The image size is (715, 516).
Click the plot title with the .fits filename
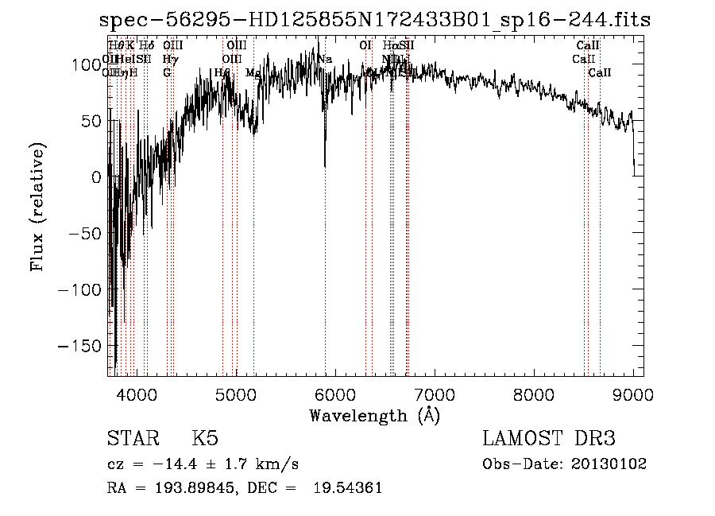coord(375,21)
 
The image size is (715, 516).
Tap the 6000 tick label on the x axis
coord(335,393)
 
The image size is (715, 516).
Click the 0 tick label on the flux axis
coord(97,177)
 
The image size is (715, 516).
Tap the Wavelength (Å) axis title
coord(374,415)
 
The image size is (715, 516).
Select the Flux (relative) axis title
coord(37,206)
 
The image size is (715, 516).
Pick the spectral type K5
coord(205,439)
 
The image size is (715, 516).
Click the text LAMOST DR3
coord(549,439)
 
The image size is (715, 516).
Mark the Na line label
coord(324,59)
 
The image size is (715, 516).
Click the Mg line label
coord(253,72)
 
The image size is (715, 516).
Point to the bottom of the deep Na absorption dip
coord(325,165)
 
